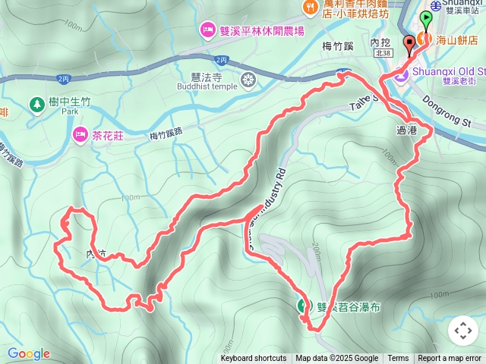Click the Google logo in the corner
[x=29, y=353]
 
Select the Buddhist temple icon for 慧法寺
[x=248, y=79]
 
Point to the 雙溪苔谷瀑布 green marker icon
[x=303, y=306]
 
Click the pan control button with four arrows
[x=462, y=331]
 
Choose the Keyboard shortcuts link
[x=254, y=359]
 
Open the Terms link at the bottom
[x=398, y=359]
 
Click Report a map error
[x=450, y=359]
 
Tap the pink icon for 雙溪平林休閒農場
[x=207, y=30]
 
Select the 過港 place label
[x=407, y=130]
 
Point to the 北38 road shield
[x=383, y=53]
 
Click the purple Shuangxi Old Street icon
[x=402, y=74]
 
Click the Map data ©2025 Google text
[x=336, y=359]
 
